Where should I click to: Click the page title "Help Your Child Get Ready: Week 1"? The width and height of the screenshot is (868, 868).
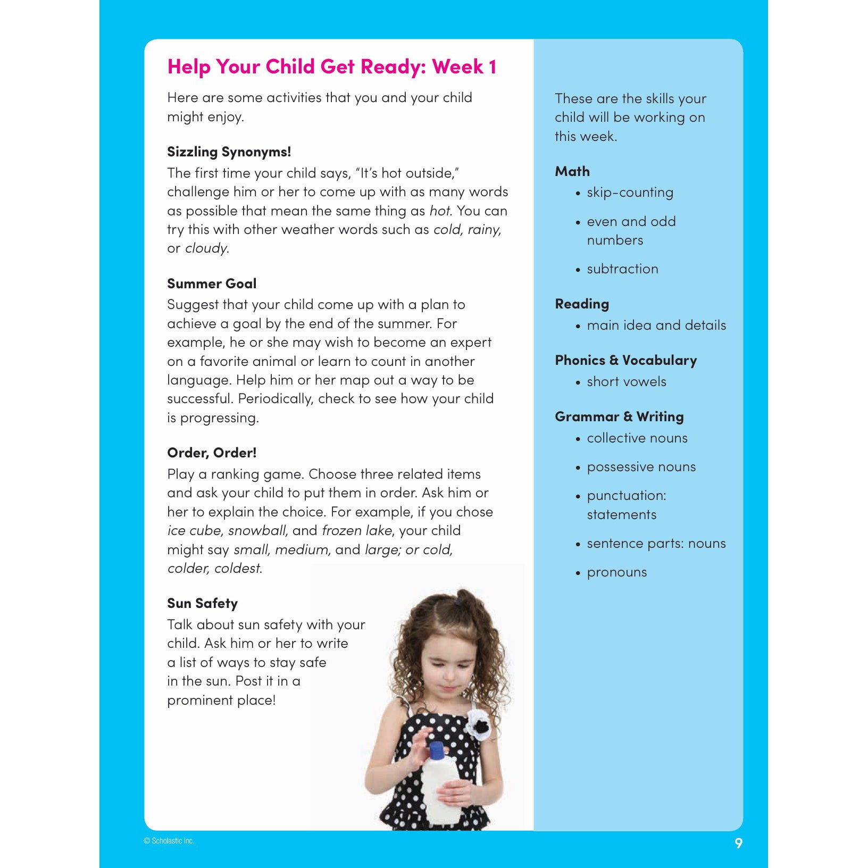click(x=332, y=67)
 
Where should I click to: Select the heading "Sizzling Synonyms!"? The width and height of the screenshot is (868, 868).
click(x=229, y=152)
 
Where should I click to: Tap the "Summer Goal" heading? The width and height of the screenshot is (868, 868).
click(x=212, y=283)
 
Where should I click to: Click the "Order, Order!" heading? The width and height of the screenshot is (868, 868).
click(x=212, y=453)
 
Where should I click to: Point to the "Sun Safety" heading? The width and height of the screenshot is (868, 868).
click(x=202, y=604)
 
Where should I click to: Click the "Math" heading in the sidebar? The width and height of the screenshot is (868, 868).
click(x=572, y=171)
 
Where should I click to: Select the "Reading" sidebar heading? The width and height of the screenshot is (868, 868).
click(x=582, y=304)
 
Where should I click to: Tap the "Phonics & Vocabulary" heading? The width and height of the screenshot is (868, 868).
click(x=625, y=361)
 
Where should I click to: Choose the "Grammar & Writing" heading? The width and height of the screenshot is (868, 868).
click(x=619, y=417)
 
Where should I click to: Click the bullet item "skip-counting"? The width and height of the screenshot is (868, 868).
click(x=630, y=193)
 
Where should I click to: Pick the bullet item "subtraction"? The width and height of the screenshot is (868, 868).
click(x=622, y=269)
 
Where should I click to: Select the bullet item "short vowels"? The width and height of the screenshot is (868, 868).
click(x=626, y=382)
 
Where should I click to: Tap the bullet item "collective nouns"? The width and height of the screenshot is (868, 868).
click(x=637, y=438)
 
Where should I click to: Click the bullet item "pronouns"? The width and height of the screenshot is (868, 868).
click(x=617, y=573)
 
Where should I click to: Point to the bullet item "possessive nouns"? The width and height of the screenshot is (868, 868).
click(x=641, y=467)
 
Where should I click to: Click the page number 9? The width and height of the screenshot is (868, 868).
click(x=738, y=843)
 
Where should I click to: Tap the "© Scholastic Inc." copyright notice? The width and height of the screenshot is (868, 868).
click(x=169, y=841)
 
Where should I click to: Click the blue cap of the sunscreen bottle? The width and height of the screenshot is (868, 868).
click(x=437, y=750)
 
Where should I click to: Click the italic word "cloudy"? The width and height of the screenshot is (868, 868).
click(x=206, y=248)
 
